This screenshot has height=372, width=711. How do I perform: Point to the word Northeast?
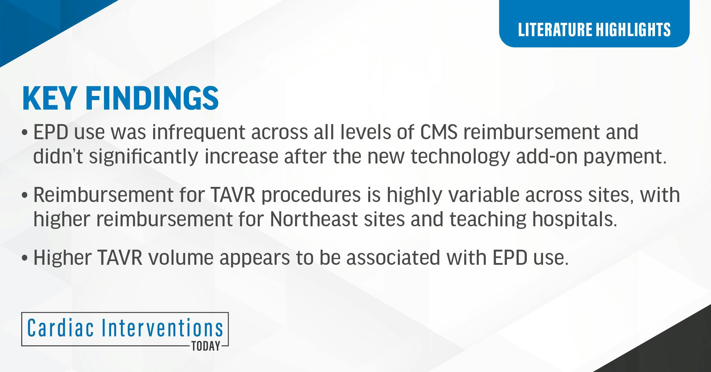[314, 219]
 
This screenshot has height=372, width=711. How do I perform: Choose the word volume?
[181, 258]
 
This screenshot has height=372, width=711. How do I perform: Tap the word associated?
[393, 258]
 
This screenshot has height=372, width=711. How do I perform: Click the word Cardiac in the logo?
[61, 328]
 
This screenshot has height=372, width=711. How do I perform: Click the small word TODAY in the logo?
[206, 346]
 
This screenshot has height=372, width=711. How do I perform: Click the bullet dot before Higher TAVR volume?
[25, 258]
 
